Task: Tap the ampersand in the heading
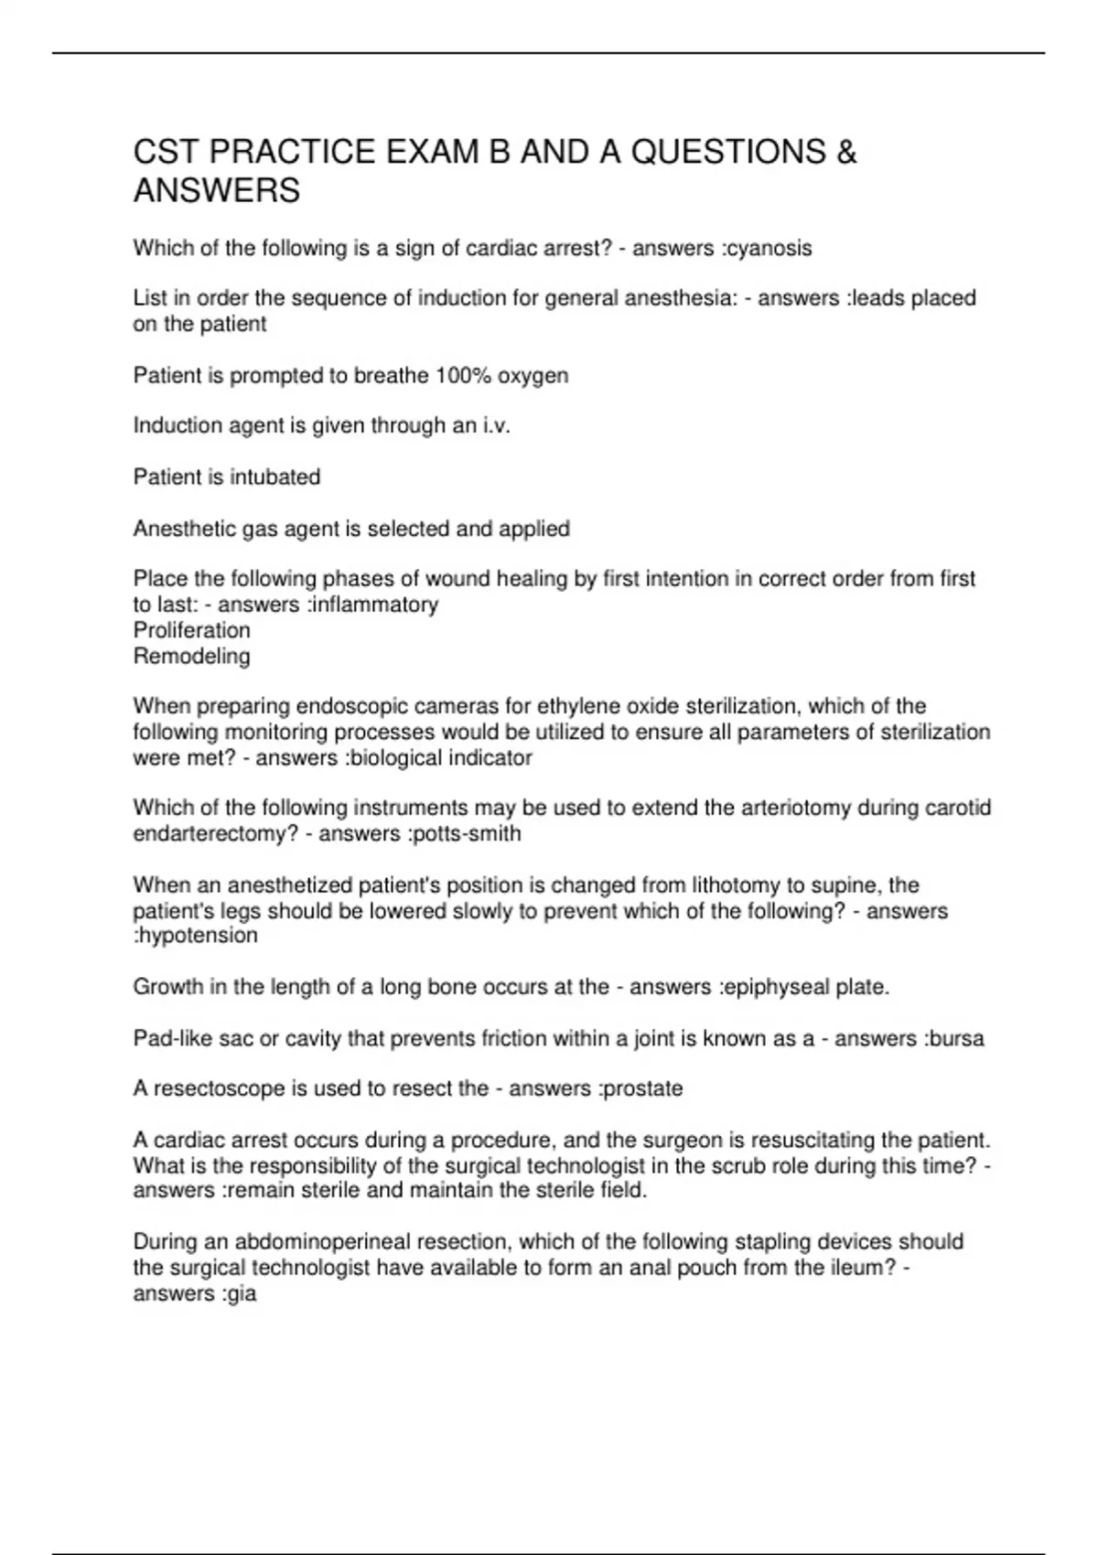tap(846, 152)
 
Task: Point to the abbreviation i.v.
tap(495, 425)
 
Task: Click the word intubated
tap(274, 477)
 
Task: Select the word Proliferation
tap(191, 630)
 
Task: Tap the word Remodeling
tap(191, 656)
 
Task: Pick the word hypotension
tap(199, 935)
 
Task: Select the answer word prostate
tap(643, 1088)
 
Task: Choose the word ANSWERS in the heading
tap(217, 191)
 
